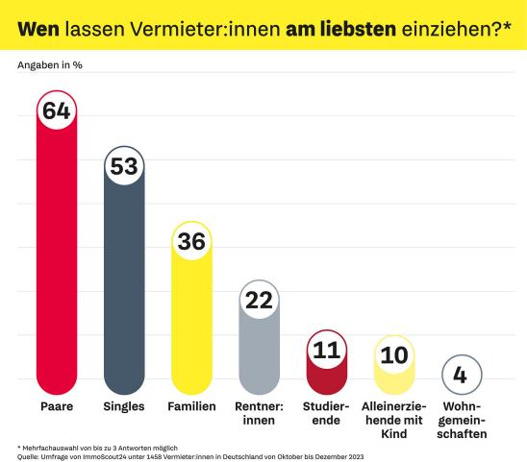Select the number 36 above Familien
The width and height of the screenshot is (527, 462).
point(191,242)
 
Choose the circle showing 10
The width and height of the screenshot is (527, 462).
point(393,354)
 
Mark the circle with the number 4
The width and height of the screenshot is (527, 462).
point(460,374)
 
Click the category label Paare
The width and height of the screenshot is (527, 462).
point(56,407)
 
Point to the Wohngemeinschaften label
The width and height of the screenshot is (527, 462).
point(460,421)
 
